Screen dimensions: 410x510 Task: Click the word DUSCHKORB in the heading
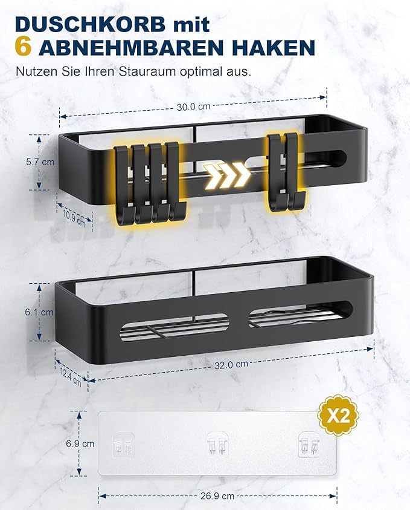pyautogui.click(x=90, y=24)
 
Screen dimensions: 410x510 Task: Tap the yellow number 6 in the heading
pyautogui.click(x=23, y=47)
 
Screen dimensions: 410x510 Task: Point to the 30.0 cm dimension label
pyautogui.click(x=193, y=106)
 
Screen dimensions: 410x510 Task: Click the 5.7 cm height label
pyautogui.click(x=40, y=162)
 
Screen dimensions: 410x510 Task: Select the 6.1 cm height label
pyautogui.click(x=39, y=312)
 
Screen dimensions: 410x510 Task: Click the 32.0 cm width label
pyautogui.click(x=231, y=365)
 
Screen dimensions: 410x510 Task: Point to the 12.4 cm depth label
pyautogui.click(x=71, y=377)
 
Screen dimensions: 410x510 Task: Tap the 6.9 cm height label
pyautogui.click(x=80, y=443)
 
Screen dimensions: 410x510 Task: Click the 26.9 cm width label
pyautogui.click(x=217, y=496)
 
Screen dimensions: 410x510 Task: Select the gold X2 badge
pyautogui.click(x=338, y=416)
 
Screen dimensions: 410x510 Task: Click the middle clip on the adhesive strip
pyautogui.click(x=217, y=443)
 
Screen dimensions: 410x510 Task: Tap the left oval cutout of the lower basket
pyautogui.click(x=175, y=327)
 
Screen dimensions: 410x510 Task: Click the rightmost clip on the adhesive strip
pyautogui.click(x=309, y=443)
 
